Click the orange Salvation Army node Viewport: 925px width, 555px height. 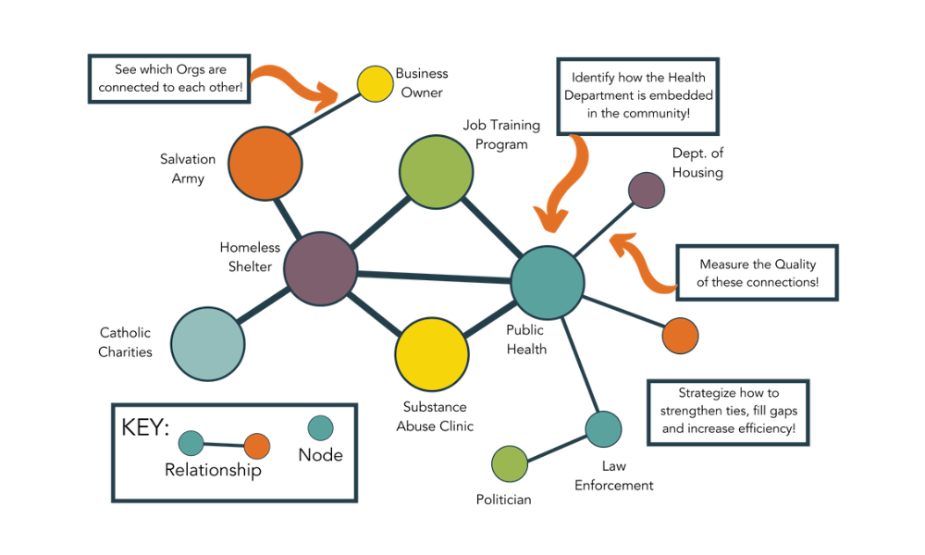[265, 163]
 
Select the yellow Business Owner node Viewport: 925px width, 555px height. [375, 83]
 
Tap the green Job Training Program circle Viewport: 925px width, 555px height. [436, 171]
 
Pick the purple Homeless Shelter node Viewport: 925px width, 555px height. [320, 269]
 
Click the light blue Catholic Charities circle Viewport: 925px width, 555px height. [208, 343]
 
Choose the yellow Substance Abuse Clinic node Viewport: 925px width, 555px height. [432, 354]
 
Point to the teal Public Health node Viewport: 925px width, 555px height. [548, 283]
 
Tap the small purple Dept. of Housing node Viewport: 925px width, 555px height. [646, 190]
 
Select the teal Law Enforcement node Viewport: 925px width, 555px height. [603, 429]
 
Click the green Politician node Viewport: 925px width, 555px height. [509, 463]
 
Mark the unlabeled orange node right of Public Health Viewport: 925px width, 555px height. [680, 336]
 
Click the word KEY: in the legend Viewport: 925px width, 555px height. [145, 428]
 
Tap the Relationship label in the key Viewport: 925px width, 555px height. [213, 470]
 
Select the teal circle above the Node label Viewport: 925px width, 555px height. [320, 428]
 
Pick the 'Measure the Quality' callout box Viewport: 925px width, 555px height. [757, 273]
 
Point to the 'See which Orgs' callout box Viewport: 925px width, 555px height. [170, 80]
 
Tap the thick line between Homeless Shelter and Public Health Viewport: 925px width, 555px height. [435, 277]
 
